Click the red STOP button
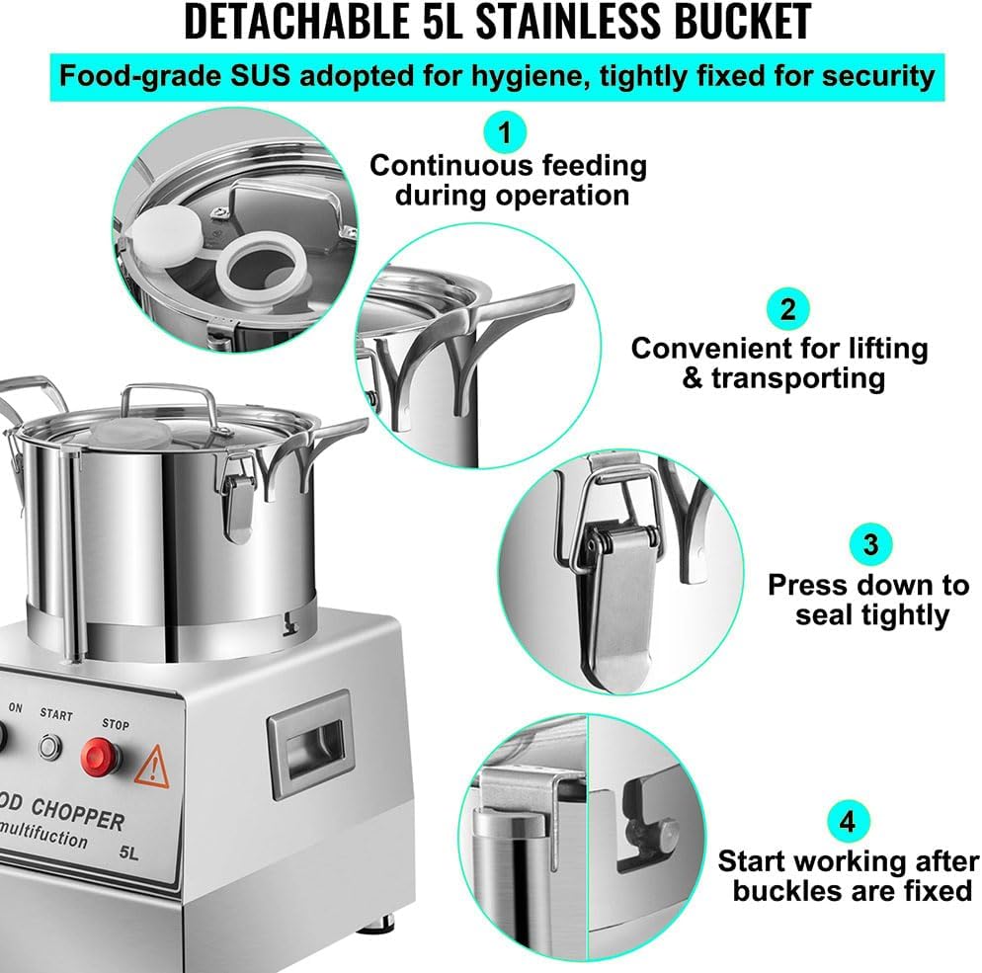pos(100,758)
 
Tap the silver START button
pos(50,747)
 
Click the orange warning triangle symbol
pos(152,767)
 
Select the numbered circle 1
pos(505,132)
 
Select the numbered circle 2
pos(787,309)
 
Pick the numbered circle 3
pos(870,544)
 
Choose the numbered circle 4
pos(848,821)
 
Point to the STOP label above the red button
pos(116,724)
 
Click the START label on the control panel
pos(56,714)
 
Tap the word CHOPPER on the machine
pos(78,814)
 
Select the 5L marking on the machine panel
pos(129,852)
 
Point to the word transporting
pos(797,379)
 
